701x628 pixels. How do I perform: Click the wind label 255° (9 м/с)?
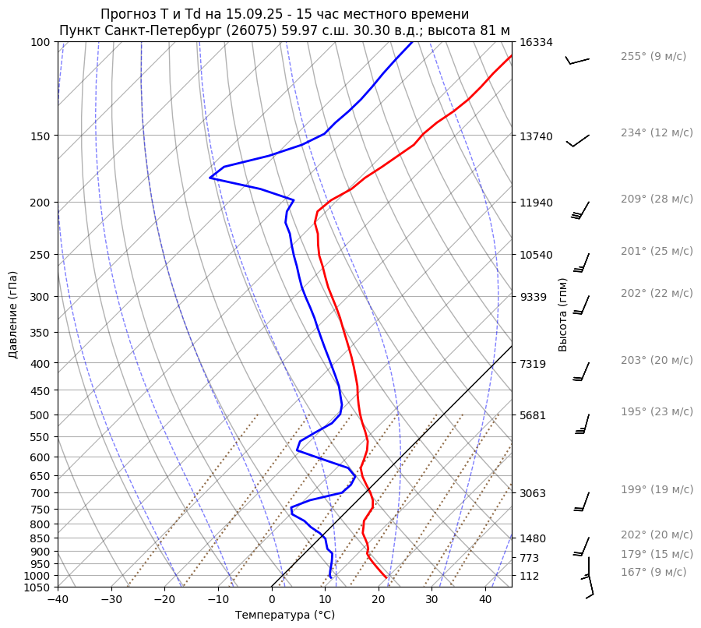click(x=653, y=57)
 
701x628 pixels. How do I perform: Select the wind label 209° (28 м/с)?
click(x=656, y=199)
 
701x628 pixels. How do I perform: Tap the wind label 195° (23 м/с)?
click(x=656, y=412)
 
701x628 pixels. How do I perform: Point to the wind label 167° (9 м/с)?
click(x=653, y=573)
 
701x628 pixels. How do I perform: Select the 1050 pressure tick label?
click(x=39, y=587)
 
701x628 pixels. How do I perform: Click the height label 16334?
click(x=536, y=42)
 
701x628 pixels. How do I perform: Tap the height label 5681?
click(x=533, y=415)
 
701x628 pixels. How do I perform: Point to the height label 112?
click(x=530, y=576)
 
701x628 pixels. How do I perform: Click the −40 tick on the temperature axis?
click(x=58, y=600)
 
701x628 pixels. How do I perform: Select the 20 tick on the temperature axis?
click(x=379, y=600)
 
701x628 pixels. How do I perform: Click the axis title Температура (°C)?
click(x=284, y=616)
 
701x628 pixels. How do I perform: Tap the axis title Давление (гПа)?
click(x=13, y=315)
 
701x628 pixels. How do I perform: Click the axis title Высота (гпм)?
click(x=563, y=314)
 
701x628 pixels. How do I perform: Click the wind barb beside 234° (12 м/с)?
click(x=578, y=140)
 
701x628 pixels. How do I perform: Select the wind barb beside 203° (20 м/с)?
click(x=581, y=372)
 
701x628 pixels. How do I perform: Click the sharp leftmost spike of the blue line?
click(x=210, y=178)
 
